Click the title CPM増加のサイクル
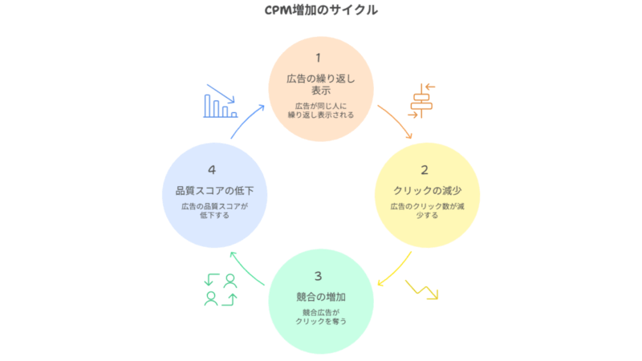[x=321, y=11]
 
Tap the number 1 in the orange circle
[x=319, y=58]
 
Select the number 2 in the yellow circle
[x=425, y=169]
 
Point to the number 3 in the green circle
[x=319, y=276]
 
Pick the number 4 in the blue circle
[x=212, y=169]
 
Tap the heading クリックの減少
[x=427, y=190]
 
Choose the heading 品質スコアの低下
[x=213, y=190]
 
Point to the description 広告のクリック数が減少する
[x=427, y=211]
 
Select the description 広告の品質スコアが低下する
[x=213, y=211]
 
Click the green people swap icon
[x=221, y=290]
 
